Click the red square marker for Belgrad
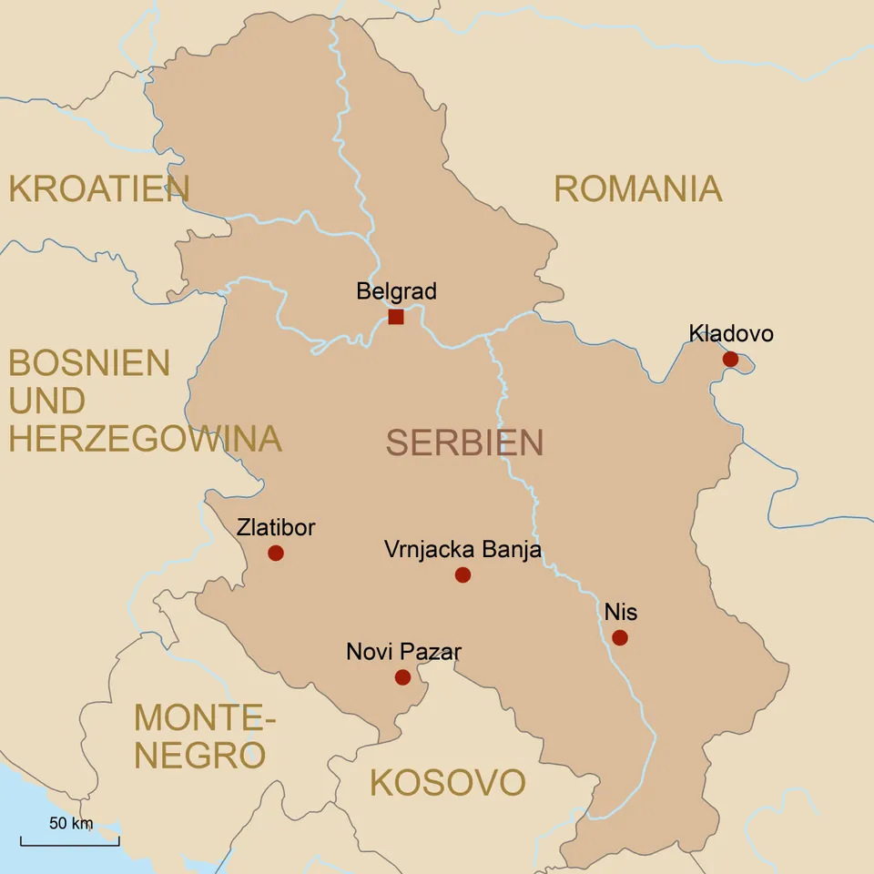click(x=396, y=317)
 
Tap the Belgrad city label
click(x=396, y=291)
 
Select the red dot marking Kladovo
click(x=730, y=359)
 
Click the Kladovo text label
click(x=731, y=333)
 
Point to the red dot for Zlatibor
click(x=276, y=553)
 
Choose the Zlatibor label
click(x=275, y=527)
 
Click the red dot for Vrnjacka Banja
click(x=462, y=574)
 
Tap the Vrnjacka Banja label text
click(x=462, y=550)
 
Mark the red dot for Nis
click(x=620, y=637)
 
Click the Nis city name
click(x=620, y=612)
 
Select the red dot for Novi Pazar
click(x=402, y=677)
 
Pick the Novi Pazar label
click(x=403, y=652)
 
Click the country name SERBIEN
click(x=464, y=442)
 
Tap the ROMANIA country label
click(x=637, y=189)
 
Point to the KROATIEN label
click(x=98, y=189)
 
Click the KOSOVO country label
click(x=447, y=783)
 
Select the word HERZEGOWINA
click(x=145, y=439)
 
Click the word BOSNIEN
click(x=89, y=363)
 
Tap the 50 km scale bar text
click(x=71, y=824)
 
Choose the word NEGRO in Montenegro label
click(x=200, y=756)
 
